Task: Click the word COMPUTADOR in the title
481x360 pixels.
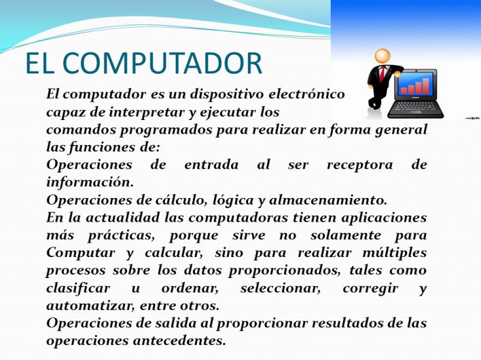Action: tap(162, 63)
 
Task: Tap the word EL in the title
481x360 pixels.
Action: tap(40, 63)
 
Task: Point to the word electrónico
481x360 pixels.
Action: tap(306, 94)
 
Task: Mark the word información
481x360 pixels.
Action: tap(90, 182)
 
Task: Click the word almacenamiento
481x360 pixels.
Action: tap(328, 200)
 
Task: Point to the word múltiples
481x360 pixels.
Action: tap(395, 253)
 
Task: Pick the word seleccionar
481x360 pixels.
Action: tap(280, 289)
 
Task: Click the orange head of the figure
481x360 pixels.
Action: tap(383, 56)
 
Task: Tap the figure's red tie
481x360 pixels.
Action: tap(382, 74)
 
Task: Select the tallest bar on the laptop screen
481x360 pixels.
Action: tap(425, 86)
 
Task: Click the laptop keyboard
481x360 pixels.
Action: tap(415, 108)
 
